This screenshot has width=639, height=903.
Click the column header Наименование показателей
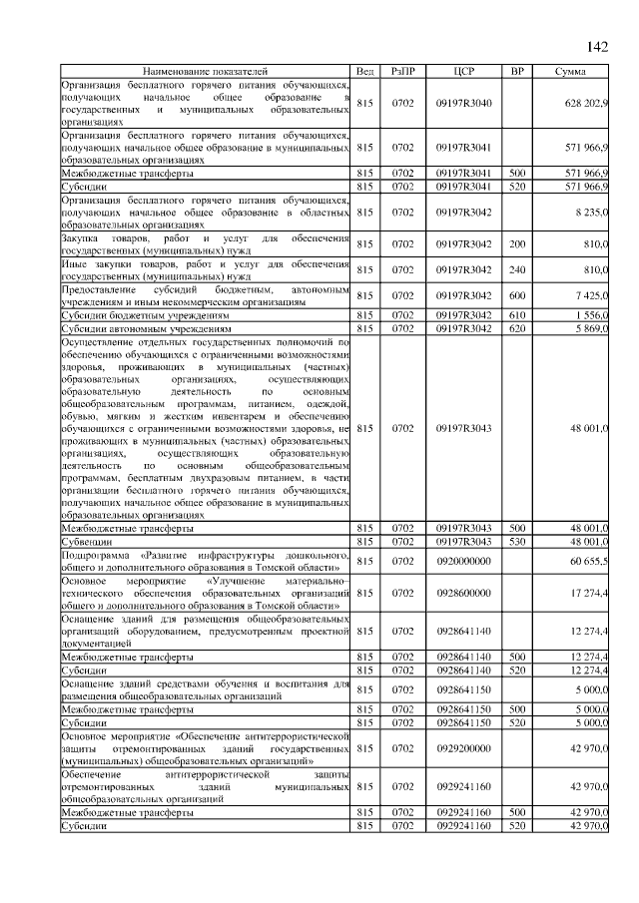coord(206,72)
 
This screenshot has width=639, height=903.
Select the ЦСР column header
coord(462,72)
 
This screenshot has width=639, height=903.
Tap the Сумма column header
coord(570,72)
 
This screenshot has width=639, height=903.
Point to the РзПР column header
coord(403,72)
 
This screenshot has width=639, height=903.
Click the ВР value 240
coord(517,269)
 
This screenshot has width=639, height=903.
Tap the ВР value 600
coord(517,296)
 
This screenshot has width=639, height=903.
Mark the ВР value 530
coord(517,541)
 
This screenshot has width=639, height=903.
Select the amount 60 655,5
coord(588,562)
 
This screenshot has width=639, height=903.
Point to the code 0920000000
coord(462,562)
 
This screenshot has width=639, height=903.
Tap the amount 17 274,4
coord(588,593)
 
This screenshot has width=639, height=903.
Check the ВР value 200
coord(517,242)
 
